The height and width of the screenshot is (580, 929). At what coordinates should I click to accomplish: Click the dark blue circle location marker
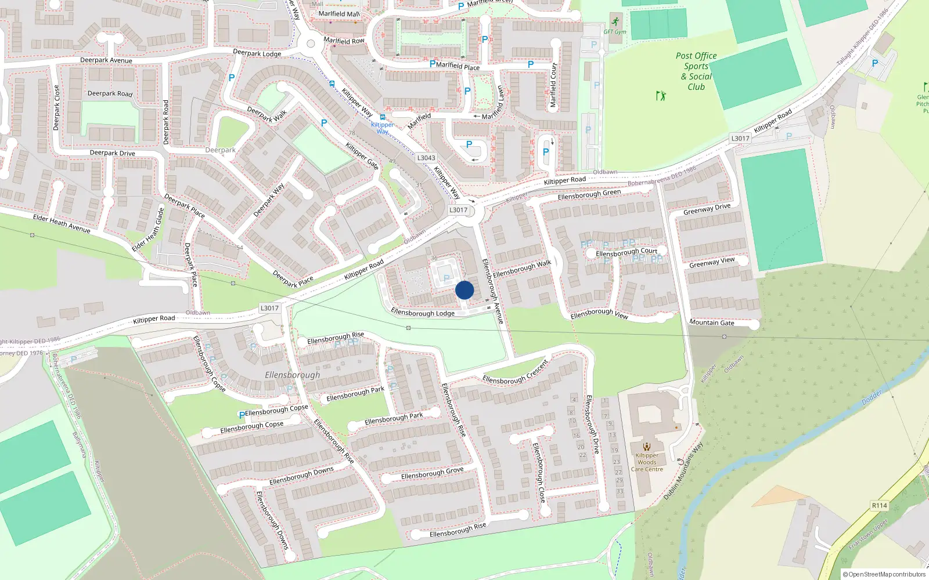click(464, 290)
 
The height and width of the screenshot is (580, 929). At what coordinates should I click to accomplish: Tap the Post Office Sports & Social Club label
click(696, 71)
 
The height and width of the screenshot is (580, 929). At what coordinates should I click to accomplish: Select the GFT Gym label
click(615, 32)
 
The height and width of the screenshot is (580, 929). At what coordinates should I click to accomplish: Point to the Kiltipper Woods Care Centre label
click(647, 462)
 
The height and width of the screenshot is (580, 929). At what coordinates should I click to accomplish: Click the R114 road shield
click(879, 505)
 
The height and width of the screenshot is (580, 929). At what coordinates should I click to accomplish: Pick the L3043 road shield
click(426, 158)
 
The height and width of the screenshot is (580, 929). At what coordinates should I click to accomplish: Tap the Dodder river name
click(872, 397)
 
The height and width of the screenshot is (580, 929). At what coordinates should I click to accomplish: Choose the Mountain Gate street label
click(712, 322)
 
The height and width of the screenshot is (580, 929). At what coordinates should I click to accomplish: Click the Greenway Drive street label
click(707, 209)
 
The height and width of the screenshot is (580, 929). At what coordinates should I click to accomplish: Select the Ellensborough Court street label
click(626, 253)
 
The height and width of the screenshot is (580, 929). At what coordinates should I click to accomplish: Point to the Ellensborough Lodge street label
click(423, 313)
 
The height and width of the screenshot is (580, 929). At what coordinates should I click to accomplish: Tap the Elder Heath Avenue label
click(62, 223)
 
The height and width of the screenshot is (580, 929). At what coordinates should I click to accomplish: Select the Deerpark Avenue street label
click(106, 60)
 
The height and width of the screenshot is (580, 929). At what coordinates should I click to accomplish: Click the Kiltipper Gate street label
click(362, 156)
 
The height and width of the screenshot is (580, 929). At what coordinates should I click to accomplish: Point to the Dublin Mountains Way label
click(683, 471)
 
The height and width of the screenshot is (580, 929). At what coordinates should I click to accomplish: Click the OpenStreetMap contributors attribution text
click(884, 574)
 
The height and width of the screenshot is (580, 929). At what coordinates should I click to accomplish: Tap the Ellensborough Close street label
click(539, 473)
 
